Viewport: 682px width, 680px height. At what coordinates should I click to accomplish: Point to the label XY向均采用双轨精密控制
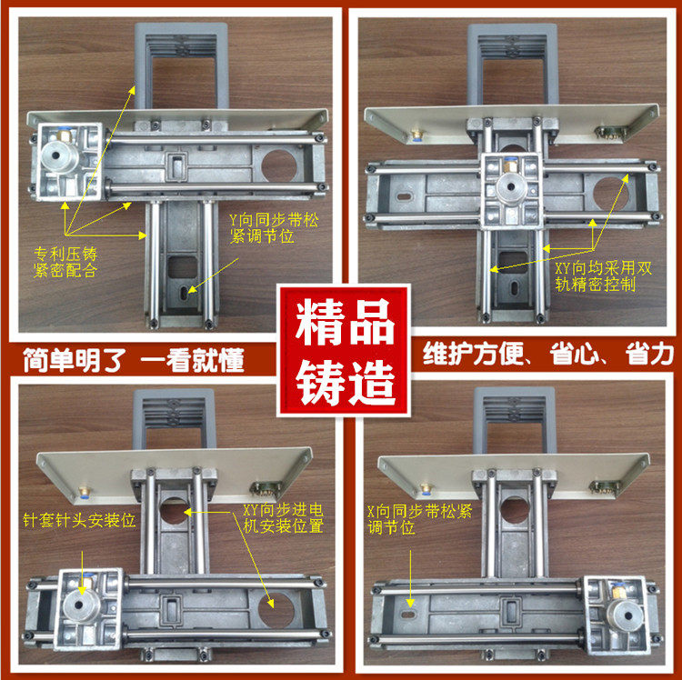[595, 277]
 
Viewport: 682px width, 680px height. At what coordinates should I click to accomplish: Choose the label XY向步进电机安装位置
[283, 518]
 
